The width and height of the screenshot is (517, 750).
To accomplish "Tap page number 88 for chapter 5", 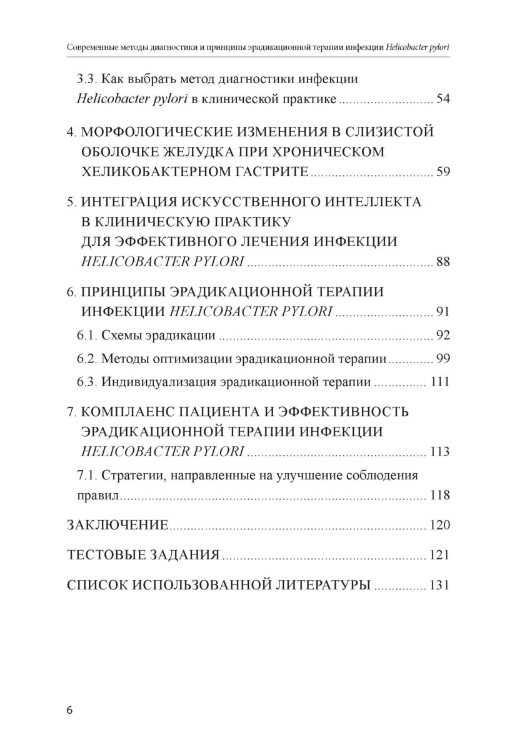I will pyautogui.click(x=443, y=262).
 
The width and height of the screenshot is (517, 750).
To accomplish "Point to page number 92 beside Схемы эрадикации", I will pyautogui.click(x=443, y=336).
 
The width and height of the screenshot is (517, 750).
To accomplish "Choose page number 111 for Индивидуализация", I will pyautogui.click(x=440, y=382).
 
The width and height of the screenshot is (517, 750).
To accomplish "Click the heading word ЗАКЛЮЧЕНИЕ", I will pyautogui.click(x=118, y=525).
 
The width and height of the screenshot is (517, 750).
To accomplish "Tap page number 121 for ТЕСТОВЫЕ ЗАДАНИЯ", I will pyautogui.click(x=440, y=555).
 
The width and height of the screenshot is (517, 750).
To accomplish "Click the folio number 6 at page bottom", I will pyautogui.click(x=69, y=711).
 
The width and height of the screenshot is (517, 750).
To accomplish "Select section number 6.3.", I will pyautogui.click(x=87, y=382).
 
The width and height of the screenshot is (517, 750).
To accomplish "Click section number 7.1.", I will pyautogui.click(x=87, y=474).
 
